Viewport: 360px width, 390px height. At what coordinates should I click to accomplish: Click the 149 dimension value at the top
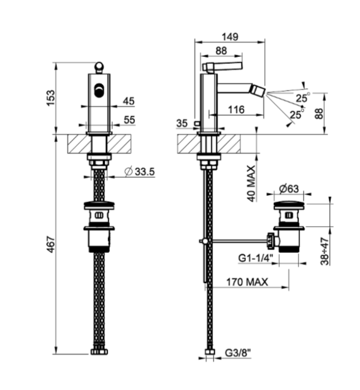pos(230,37)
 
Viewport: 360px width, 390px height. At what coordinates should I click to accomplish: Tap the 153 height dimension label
pos(51,98)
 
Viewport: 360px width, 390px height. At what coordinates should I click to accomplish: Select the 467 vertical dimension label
pos(51,245)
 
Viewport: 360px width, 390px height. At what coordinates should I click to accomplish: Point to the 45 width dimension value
pos(129,101)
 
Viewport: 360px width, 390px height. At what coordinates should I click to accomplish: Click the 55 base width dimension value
pos(130,120)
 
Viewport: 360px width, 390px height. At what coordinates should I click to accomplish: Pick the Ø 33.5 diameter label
pos(140,171)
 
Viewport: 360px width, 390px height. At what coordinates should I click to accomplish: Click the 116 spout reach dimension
pos(236,109)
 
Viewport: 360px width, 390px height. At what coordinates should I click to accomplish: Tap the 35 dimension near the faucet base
pos(182,123)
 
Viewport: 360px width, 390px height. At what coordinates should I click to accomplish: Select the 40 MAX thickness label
pos(251,183)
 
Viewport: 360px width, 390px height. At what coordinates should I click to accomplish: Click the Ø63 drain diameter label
pos(289,189)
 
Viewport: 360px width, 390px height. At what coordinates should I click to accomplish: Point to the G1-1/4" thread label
pos(256,258)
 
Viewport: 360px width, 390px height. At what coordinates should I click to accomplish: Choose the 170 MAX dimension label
pos(247,282)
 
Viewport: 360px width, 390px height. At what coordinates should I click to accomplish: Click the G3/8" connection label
pos(238,353)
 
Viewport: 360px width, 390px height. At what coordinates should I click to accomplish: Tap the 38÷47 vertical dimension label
pos(325,251)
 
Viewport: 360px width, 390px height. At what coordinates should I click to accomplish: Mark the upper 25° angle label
pos(303,98)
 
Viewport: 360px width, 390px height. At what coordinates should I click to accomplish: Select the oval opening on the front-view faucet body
pos(99,90)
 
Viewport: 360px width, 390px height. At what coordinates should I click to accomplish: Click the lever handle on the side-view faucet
pos(222,66)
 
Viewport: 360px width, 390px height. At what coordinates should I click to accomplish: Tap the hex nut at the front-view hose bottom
pos(99,352)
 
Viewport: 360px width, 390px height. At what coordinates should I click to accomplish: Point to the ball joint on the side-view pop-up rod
pos(205,241)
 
